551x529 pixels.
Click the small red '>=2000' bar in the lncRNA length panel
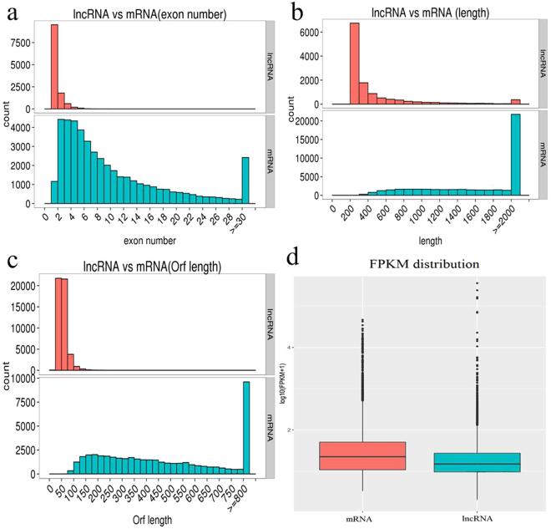[x=515, y=101]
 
